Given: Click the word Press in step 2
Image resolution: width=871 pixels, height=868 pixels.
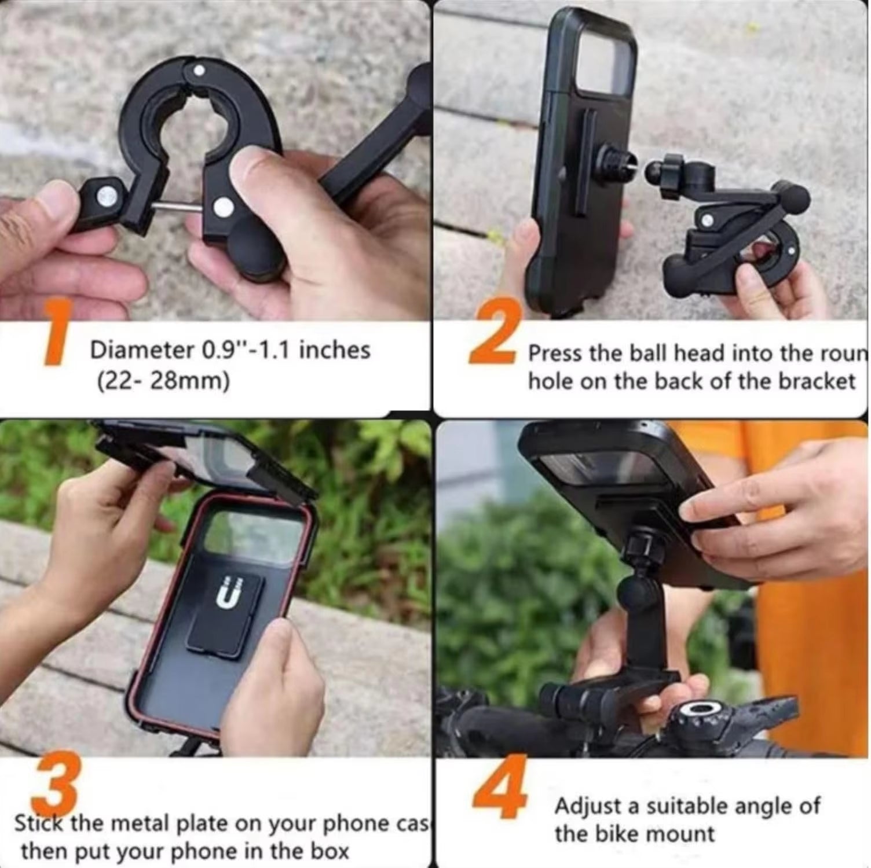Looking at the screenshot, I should pyautogui.click(x=555, y=354).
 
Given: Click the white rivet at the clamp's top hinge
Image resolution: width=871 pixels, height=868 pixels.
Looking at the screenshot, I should pyautogui.click(x=199, y=71).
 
